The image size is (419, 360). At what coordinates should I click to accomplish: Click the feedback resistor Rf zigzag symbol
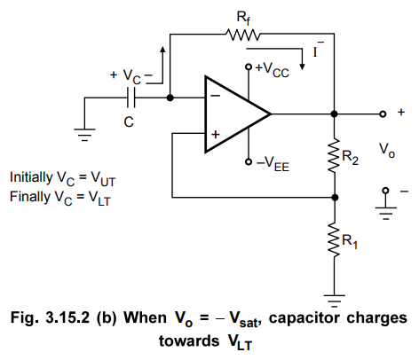[x=242, y=35]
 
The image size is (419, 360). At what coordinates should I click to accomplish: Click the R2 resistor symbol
[x=335, y=155]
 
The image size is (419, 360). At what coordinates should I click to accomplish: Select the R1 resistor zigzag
[x=335, y=239]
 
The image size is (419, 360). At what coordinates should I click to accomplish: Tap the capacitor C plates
[x=131, y=98]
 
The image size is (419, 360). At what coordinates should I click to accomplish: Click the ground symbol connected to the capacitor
[x=84, y=135]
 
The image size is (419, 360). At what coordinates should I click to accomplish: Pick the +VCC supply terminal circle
[x=249, y=67]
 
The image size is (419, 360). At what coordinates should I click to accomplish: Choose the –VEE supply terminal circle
[x=249, y=162]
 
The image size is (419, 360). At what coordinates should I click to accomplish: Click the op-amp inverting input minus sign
[x=216, y=96]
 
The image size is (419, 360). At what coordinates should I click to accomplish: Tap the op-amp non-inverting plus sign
[x=216, y=135]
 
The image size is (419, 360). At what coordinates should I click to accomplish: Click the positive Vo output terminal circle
[x=383, y=113]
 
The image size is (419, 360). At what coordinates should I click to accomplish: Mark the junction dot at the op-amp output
[x=335, y=113]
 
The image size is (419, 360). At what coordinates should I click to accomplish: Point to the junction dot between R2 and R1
[x=335, y=197]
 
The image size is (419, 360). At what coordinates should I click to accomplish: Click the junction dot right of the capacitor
[x=170, y=98]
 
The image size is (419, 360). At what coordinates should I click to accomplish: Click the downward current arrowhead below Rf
[x=302, y=67]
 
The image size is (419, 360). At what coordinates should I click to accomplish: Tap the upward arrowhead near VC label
[x=162, y=50]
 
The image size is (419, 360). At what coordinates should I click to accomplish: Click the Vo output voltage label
[x=387, y=150]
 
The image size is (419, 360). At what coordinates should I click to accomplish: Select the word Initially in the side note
[x=31, y=177]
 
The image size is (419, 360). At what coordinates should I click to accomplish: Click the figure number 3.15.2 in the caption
[x=67, y=317]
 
